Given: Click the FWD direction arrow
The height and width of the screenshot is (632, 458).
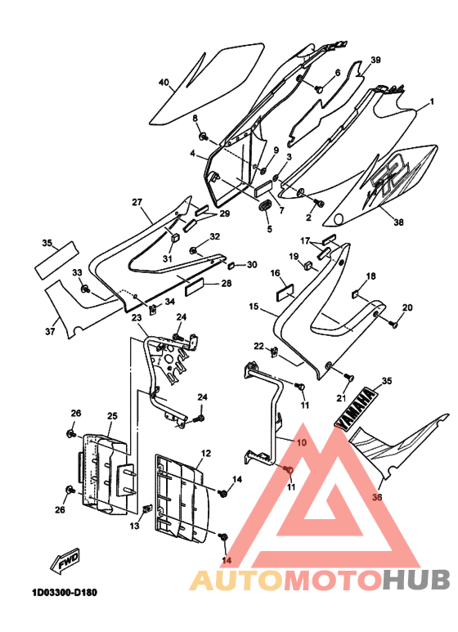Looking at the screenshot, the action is (x=65, y=561).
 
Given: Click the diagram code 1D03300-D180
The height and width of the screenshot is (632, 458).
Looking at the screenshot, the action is (x=65, y=593).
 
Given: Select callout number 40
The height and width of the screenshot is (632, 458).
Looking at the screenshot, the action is (x=164, y=83).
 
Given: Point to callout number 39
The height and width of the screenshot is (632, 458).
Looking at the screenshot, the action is (x=375, y=60).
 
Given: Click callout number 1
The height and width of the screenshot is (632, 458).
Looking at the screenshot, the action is (x=432, y=101).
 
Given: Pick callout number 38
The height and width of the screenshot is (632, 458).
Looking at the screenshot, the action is (x=398, y=222).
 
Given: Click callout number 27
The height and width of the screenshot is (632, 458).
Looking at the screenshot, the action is (x=137, y=201).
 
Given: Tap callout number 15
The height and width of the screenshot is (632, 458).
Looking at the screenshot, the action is (x=254, y=307).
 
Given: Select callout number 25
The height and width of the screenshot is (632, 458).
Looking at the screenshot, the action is (x=112, y=415).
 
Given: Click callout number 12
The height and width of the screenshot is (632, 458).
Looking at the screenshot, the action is (x=205, y=453).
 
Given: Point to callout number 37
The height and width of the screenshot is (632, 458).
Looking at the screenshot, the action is (x=50, y=331).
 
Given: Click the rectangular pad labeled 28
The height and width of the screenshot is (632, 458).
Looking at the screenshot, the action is (x=196, y=287).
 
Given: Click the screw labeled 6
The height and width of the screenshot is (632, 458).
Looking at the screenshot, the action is (x=318, y=88).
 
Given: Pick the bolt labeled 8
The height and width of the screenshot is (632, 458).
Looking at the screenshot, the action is (x=203, y=137).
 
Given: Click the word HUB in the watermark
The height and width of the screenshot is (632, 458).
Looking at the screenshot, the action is (x=416, y=579).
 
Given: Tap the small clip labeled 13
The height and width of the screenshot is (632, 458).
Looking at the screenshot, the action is (x=147, y=509).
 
